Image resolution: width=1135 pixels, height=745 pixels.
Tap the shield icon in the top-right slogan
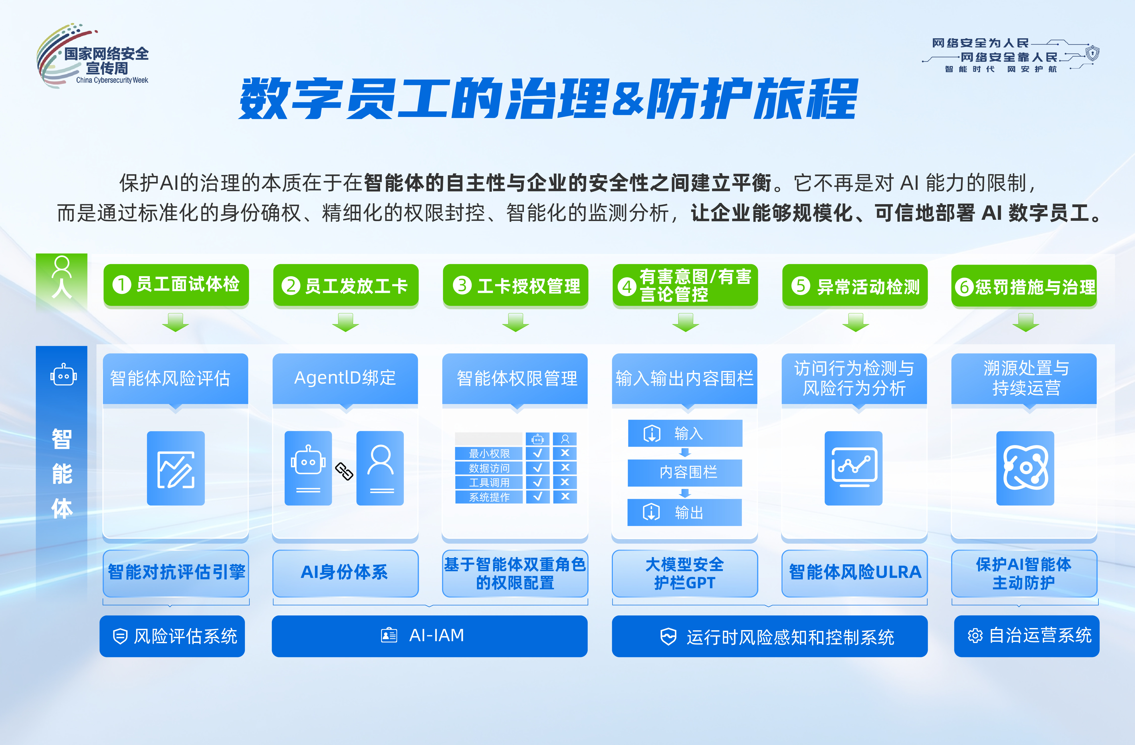pos(1092,53)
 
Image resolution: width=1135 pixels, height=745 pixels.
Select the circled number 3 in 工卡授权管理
pos(462,286)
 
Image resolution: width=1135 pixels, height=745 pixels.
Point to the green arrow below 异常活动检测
pos(856,322)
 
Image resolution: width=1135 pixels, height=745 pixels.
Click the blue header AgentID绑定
pos(345,379)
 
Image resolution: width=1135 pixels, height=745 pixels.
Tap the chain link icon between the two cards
pos(344,471)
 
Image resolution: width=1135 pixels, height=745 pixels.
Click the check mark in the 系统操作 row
pos(537,497)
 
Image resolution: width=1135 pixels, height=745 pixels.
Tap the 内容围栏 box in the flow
pos(685,472)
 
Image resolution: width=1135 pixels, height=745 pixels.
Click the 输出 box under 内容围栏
pos(685,512)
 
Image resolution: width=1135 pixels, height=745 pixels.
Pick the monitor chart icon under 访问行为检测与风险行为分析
pos(854,468)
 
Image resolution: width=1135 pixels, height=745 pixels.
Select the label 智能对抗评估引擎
pos(176,572)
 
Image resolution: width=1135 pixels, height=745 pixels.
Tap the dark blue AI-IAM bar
pos(430,636)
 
